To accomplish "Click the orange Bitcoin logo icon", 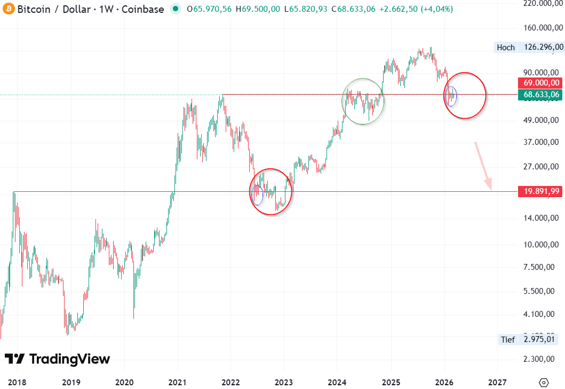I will pyautogui.click(x=7, y=9).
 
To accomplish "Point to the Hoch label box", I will pyautogui.click(x=506, y=47).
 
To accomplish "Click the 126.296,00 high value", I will pyautogui.click(x=544, y=47).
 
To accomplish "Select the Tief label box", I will pyautogui.click(x=507, y=339).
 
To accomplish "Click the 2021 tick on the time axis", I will pyautogui.click(x=177, y=382).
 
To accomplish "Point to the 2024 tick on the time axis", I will pyautogui.click(x=337, y=382).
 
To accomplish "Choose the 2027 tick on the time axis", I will pyautogui.click(x=497, y=382).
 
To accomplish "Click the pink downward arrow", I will pyautogui.click(x=483, y=166).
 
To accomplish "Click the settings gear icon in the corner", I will pyautogui.click(x=544, y=382).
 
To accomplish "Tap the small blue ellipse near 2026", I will pyautogui.click(x=451, y=96).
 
